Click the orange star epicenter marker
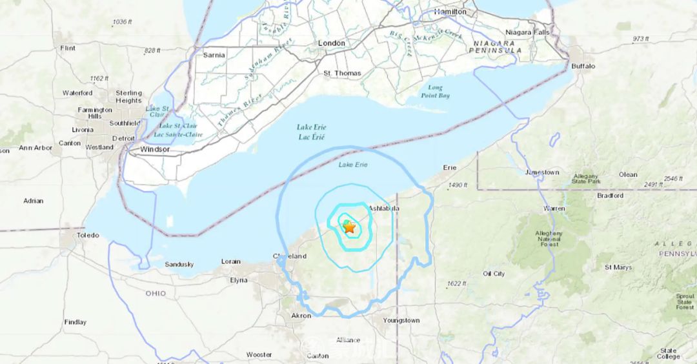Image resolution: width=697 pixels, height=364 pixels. click(349, 227)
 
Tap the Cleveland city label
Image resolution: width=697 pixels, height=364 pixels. click(289, 256)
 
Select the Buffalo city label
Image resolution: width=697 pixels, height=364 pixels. click(583, 66)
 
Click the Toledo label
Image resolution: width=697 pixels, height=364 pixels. click(88, 236)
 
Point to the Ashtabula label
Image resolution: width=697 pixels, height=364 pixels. click(384, 208)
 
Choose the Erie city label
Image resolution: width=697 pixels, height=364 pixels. click(450, 167)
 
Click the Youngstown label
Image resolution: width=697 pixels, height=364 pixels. click(401, 320)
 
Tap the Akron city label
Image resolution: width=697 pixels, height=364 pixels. click(301, 316)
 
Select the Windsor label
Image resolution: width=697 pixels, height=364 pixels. click(155, 149)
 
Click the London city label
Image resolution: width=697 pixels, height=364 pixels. click(332, 43)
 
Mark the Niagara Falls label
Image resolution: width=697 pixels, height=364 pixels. click(527, 32)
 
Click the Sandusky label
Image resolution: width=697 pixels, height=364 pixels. click(179, 264)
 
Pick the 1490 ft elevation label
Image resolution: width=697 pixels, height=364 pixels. click(457, 185)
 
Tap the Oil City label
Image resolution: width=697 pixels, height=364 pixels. click(494, 274)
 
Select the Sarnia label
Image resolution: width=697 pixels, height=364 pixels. click(214, 55)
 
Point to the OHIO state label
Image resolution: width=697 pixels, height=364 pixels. click(155, 294)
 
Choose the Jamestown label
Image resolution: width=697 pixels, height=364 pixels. click(542, 172)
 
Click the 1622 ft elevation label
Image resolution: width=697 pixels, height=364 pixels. click(456, 283)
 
